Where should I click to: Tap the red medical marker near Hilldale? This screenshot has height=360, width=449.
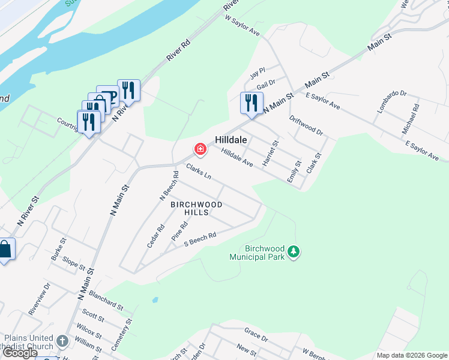point(199,149)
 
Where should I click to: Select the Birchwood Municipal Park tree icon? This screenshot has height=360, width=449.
point(294,251)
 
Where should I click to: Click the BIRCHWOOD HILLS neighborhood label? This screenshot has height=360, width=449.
point(196,208)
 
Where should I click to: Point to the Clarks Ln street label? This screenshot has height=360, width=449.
point(199,172)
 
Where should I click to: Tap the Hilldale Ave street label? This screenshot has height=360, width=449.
point(237,158)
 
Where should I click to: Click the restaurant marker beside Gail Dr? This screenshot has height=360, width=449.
point(252,103)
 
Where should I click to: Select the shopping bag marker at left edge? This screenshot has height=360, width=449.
point(5,249)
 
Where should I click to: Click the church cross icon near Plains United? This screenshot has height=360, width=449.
point(62,342)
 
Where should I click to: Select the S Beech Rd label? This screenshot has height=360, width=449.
point(200,238)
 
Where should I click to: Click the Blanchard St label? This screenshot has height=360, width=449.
point(106,300)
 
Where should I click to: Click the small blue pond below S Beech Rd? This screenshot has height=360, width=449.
point(155,299)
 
